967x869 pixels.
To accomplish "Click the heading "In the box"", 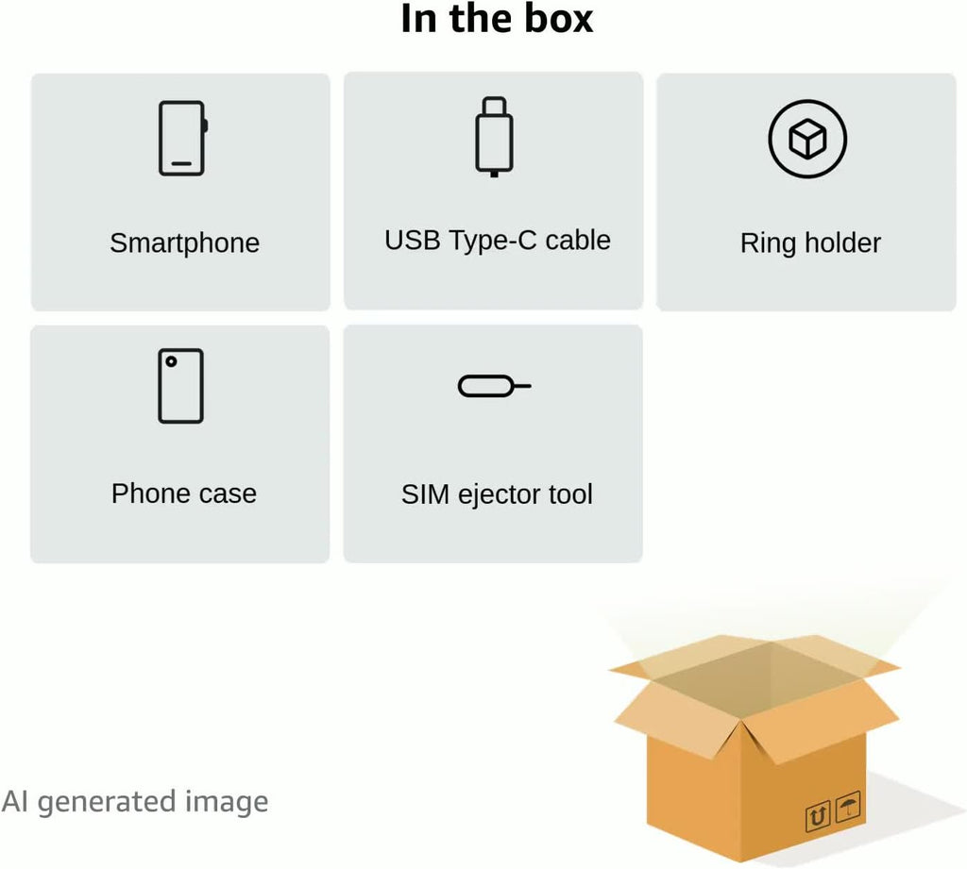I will (497, 19).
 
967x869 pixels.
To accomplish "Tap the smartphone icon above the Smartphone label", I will (181, 138).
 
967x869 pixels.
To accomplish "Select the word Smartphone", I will (184, 242).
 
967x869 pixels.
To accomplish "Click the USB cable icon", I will (494, 136).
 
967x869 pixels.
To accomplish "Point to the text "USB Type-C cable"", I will (497, 240).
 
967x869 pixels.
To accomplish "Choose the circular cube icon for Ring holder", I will (807, 140).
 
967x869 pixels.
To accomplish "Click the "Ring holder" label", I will (810, 242).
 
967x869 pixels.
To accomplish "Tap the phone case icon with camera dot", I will (180, 385).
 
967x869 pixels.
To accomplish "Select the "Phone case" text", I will (184, 493).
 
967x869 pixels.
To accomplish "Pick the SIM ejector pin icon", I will (493, 386).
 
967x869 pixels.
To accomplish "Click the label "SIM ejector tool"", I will (497, 493).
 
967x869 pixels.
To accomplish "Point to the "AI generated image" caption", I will (135, 802).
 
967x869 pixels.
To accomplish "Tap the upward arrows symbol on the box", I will (818, 814).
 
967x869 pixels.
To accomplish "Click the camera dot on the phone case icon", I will (170, 361).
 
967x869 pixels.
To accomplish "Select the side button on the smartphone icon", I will (205, 125).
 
